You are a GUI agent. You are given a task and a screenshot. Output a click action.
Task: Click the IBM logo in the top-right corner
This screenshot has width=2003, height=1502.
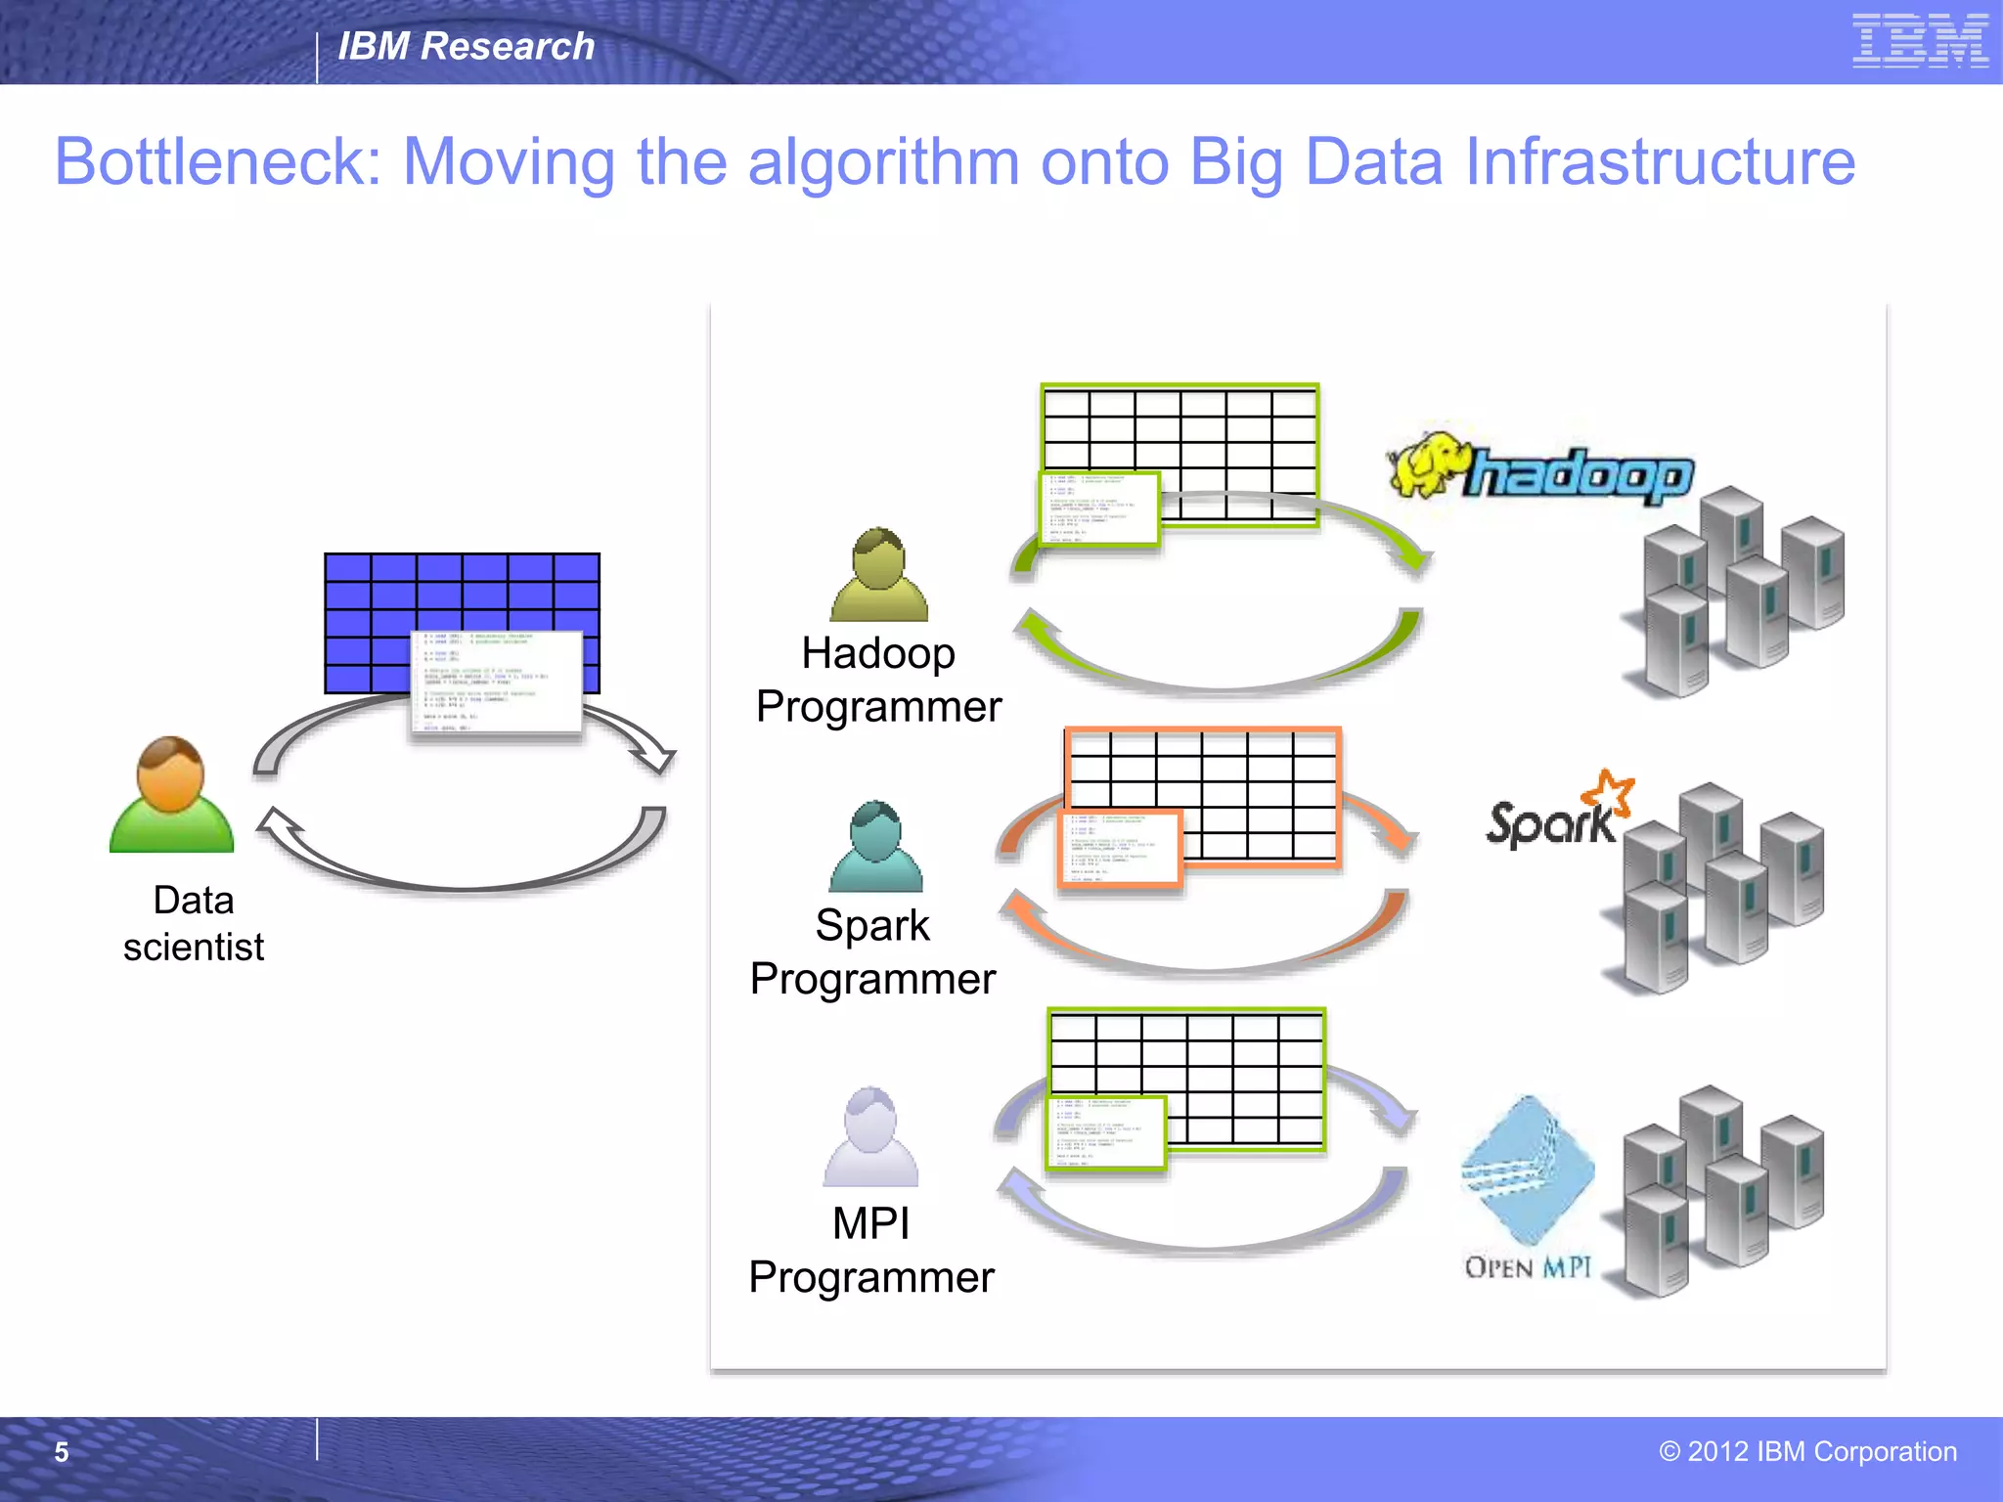[1920, 41]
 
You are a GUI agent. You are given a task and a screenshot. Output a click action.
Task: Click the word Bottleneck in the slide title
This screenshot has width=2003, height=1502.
[217, 161]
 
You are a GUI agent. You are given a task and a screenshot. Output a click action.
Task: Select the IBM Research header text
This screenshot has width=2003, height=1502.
[466, 46]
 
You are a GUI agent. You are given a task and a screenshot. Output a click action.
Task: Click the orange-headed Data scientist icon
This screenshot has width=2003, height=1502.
[171, 794]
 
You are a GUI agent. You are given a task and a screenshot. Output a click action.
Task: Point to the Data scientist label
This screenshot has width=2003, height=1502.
[194, 923]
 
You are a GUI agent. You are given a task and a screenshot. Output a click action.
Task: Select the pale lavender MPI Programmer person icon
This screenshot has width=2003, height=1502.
[870, 1136]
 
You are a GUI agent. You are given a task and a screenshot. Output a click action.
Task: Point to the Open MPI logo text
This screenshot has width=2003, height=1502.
[1528, 1267]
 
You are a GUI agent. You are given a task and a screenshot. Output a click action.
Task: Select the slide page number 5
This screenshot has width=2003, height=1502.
[62, 1452]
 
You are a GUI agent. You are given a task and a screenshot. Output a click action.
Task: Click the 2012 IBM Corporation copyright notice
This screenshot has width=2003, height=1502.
[1807, 1451]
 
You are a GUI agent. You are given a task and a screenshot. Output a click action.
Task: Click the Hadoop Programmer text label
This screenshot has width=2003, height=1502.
[878, 680]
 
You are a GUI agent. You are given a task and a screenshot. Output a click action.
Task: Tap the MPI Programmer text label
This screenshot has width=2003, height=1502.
[870, 1250]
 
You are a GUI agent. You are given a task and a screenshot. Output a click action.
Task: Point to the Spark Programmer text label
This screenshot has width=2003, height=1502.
[872, 951]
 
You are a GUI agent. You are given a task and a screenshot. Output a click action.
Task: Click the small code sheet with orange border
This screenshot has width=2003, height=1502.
[1120, 849]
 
